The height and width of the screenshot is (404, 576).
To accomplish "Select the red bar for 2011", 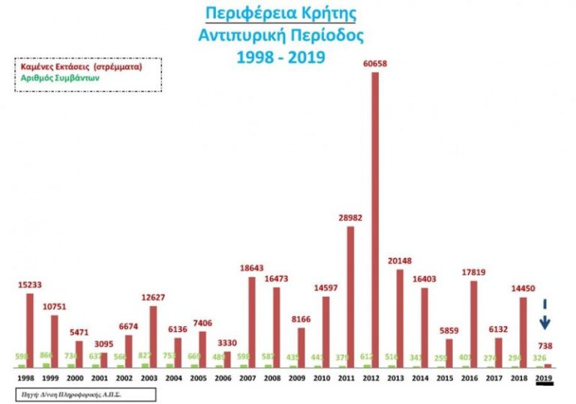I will coord(350,296).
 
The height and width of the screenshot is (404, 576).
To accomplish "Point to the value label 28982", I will coord(349,217).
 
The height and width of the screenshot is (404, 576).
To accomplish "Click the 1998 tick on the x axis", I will coord(25,379).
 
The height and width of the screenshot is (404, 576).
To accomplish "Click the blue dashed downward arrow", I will coord(545,314).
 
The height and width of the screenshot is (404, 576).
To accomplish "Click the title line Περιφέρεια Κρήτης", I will coord(280,14).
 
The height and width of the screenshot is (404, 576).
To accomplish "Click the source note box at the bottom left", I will coord(82,393).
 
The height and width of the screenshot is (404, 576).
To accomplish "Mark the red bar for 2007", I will coord(253,322).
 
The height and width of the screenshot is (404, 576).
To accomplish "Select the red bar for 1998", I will coord(30,330).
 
